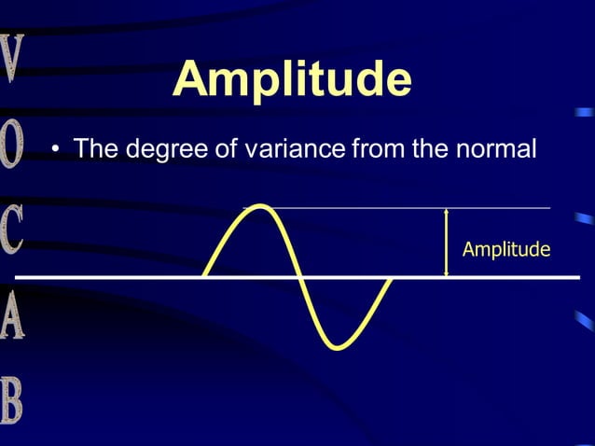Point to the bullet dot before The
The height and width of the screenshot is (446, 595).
pyautogui.click(x=56, y=150)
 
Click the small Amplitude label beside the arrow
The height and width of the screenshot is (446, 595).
pyautogui.click(x=505, y=249)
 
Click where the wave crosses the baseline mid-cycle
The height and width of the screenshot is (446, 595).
pyautogui.click(x=298, y=277)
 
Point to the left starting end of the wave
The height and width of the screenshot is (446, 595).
pyautogui.click(x=205, y=276)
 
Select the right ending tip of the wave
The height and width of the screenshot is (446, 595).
pyautogui.click(x=390, y=278)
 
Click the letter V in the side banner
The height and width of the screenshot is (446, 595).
pyautogui.click(x=12, y=60)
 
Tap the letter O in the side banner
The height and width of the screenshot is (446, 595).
pyautogui.click(x=12, y=146)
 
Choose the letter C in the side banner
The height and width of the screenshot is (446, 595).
pyautogui.click(x=12, y=231)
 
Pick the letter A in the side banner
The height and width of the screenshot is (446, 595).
pyautogui.click(x=12, y=317)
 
